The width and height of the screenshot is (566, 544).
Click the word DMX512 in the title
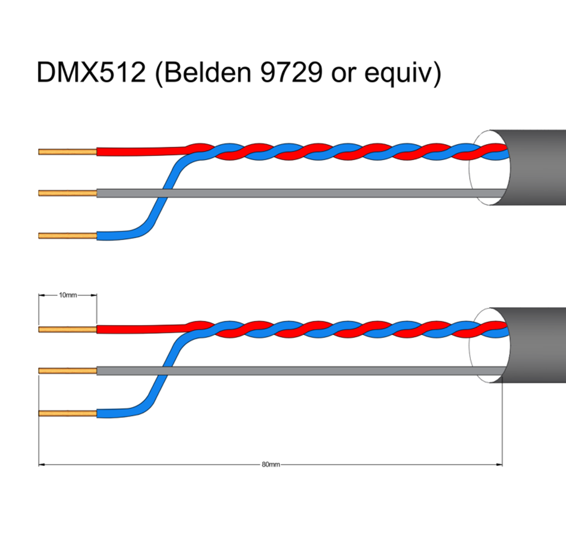coord(92,72)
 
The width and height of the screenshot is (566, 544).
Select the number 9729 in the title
coord(291,72)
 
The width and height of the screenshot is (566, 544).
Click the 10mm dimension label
coord(68,295)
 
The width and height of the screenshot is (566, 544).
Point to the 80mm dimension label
coord(271,464)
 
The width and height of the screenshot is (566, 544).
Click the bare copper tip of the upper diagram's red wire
coord(68,152)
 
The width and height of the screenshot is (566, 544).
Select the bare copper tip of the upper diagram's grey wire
coord(68,193)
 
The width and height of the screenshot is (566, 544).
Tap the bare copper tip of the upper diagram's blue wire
coord(68,236)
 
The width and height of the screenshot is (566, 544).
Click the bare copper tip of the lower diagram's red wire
coord(68,330)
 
